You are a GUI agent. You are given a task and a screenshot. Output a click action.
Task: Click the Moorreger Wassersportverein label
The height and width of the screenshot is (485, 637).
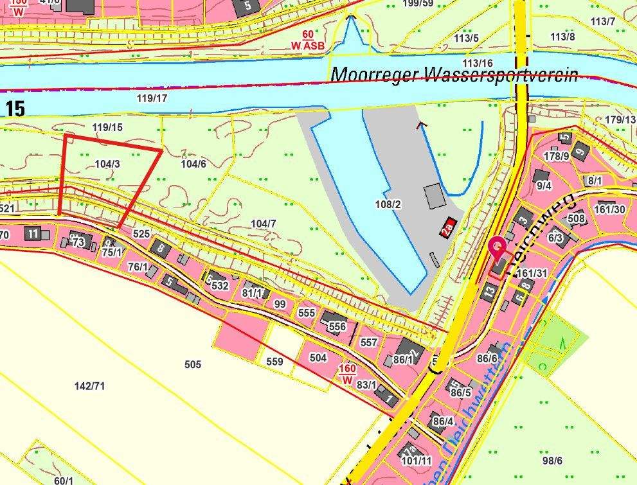pyautogui.click(x=454, y=75)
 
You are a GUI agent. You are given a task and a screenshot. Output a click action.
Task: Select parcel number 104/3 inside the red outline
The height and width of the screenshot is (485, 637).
pyautogui.click(x=107, y=164)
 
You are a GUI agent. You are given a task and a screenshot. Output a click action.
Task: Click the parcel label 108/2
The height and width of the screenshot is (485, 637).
pyautogui.click(x=388, y=204)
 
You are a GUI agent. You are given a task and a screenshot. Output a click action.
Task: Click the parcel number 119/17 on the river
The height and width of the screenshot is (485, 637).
pyautogui.click(x=152, y=98)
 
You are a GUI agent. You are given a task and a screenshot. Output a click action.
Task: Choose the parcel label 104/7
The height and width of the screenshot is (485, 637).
pyautogui.click(x=264, y=224)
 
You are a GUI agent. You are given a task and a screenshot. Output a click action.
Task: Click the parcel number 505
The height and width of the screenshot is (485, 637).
pyautogui.click(x=192, y=364)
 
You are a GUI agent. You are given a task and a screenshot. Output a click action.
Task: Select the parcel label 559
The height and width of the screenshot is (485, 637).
pyautogui.click(x=274, y=362)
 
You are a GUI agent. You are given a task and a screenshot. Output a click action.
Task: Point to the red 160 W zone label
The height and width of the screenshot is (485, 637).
pyautogui.click(x=346, y=374)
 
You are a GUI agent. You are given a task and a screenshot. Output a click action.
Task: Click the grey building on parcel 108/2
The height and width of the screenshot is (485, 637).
pyautogui.click(x=434, y=195)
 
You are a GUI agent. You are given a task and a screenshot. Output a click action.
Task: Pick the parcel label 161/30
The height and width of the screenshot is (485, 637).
pyautogui.click(x=609, y=209)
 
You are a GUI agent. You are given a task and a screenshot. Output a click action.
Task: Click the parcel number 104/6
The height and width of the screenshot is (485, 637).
pyautogui.click(x=193, y=164)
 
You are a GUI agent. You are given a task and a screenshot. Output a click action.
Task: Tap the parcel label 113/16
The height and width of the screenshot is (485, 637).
pyautogui.click(x=478, y=63)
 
